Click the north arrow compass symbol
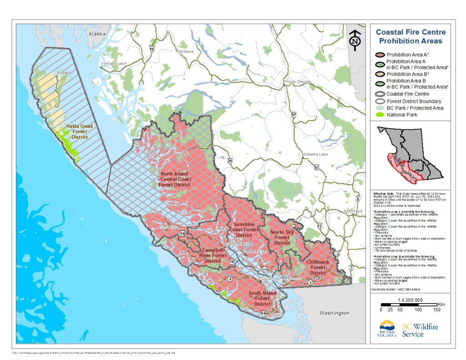(355, 40)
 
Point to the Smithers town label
(185, 52)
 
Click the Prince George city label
(297, 82)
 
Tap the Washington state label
(334, 313)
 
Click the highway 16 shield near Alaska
(152, 49)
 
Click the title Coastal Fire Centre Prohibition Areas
(410, 37)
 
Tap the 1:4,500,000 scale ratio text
(410, 300)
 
